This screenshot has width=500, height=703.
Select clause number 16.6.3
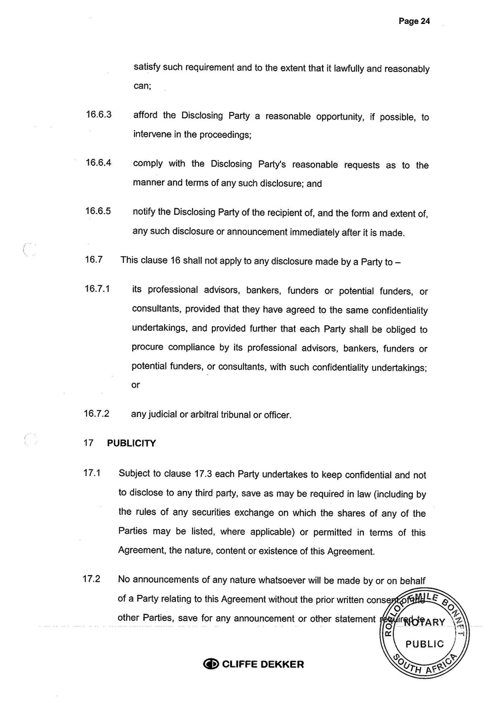[x=99, y=115]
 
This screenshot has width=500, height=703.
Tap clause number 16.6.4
[x=99, y=163]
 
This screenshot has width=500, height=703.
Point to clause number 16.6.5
[x=99, y=211]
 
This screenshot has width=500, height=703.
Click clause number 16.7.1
[x=97, y=289]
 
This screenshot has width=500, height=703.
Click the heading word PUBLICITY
[x=131, y=442]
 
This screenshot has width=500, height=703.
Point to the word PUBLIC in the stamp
[x=425, y=644]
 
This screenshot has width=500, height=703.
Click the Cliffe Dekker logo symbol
[x=211, y=664]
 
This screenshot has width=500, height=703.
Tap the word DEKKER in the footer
[x=281, y=664]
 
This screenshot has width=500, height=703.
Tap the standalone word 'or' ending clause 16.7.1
[x=136, y=386]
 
